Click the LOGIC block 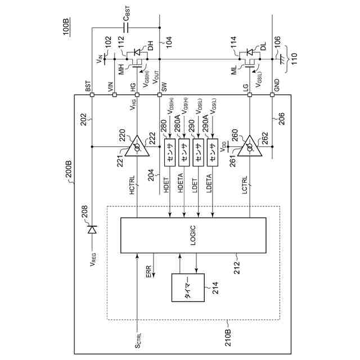click(x=193, y=235)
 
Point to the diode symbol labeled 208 click(x=93, y=229)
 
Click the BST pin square click(x=93, y=94)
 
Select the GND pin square click(x=272, y=94)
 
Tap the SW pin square click(x=160, y=94)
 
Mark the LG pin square click(x=250, y=94)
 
